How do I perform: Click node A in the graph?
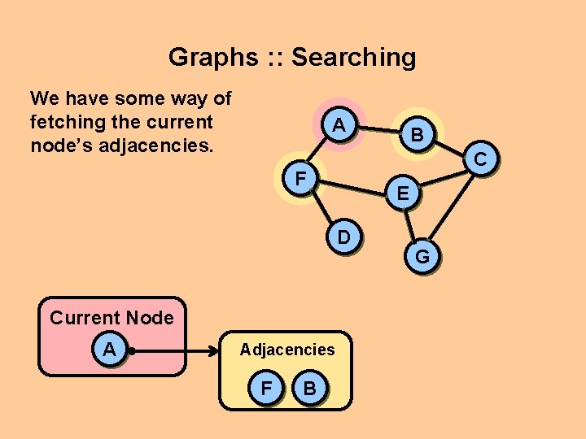(339, 126)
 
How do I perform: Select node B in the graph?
(416, 136)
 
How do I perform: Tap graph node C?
(481, 160)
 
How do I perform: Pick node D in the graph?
(344, 237)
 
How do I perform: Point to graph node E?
(403, 193)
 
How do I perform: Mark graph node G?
(422, 258)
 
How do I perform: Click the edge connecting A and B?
(378, 130)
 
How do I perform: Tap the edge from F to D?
(321, 206)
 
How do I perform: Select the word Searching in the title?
(353, 57)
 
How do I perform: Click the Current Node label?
(112, 318)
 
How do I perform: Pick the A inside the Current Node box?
(109, 350)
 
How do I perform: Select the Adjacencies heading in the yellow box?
(286, 350)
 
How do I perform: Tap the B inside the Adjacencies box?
(309, 388)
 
